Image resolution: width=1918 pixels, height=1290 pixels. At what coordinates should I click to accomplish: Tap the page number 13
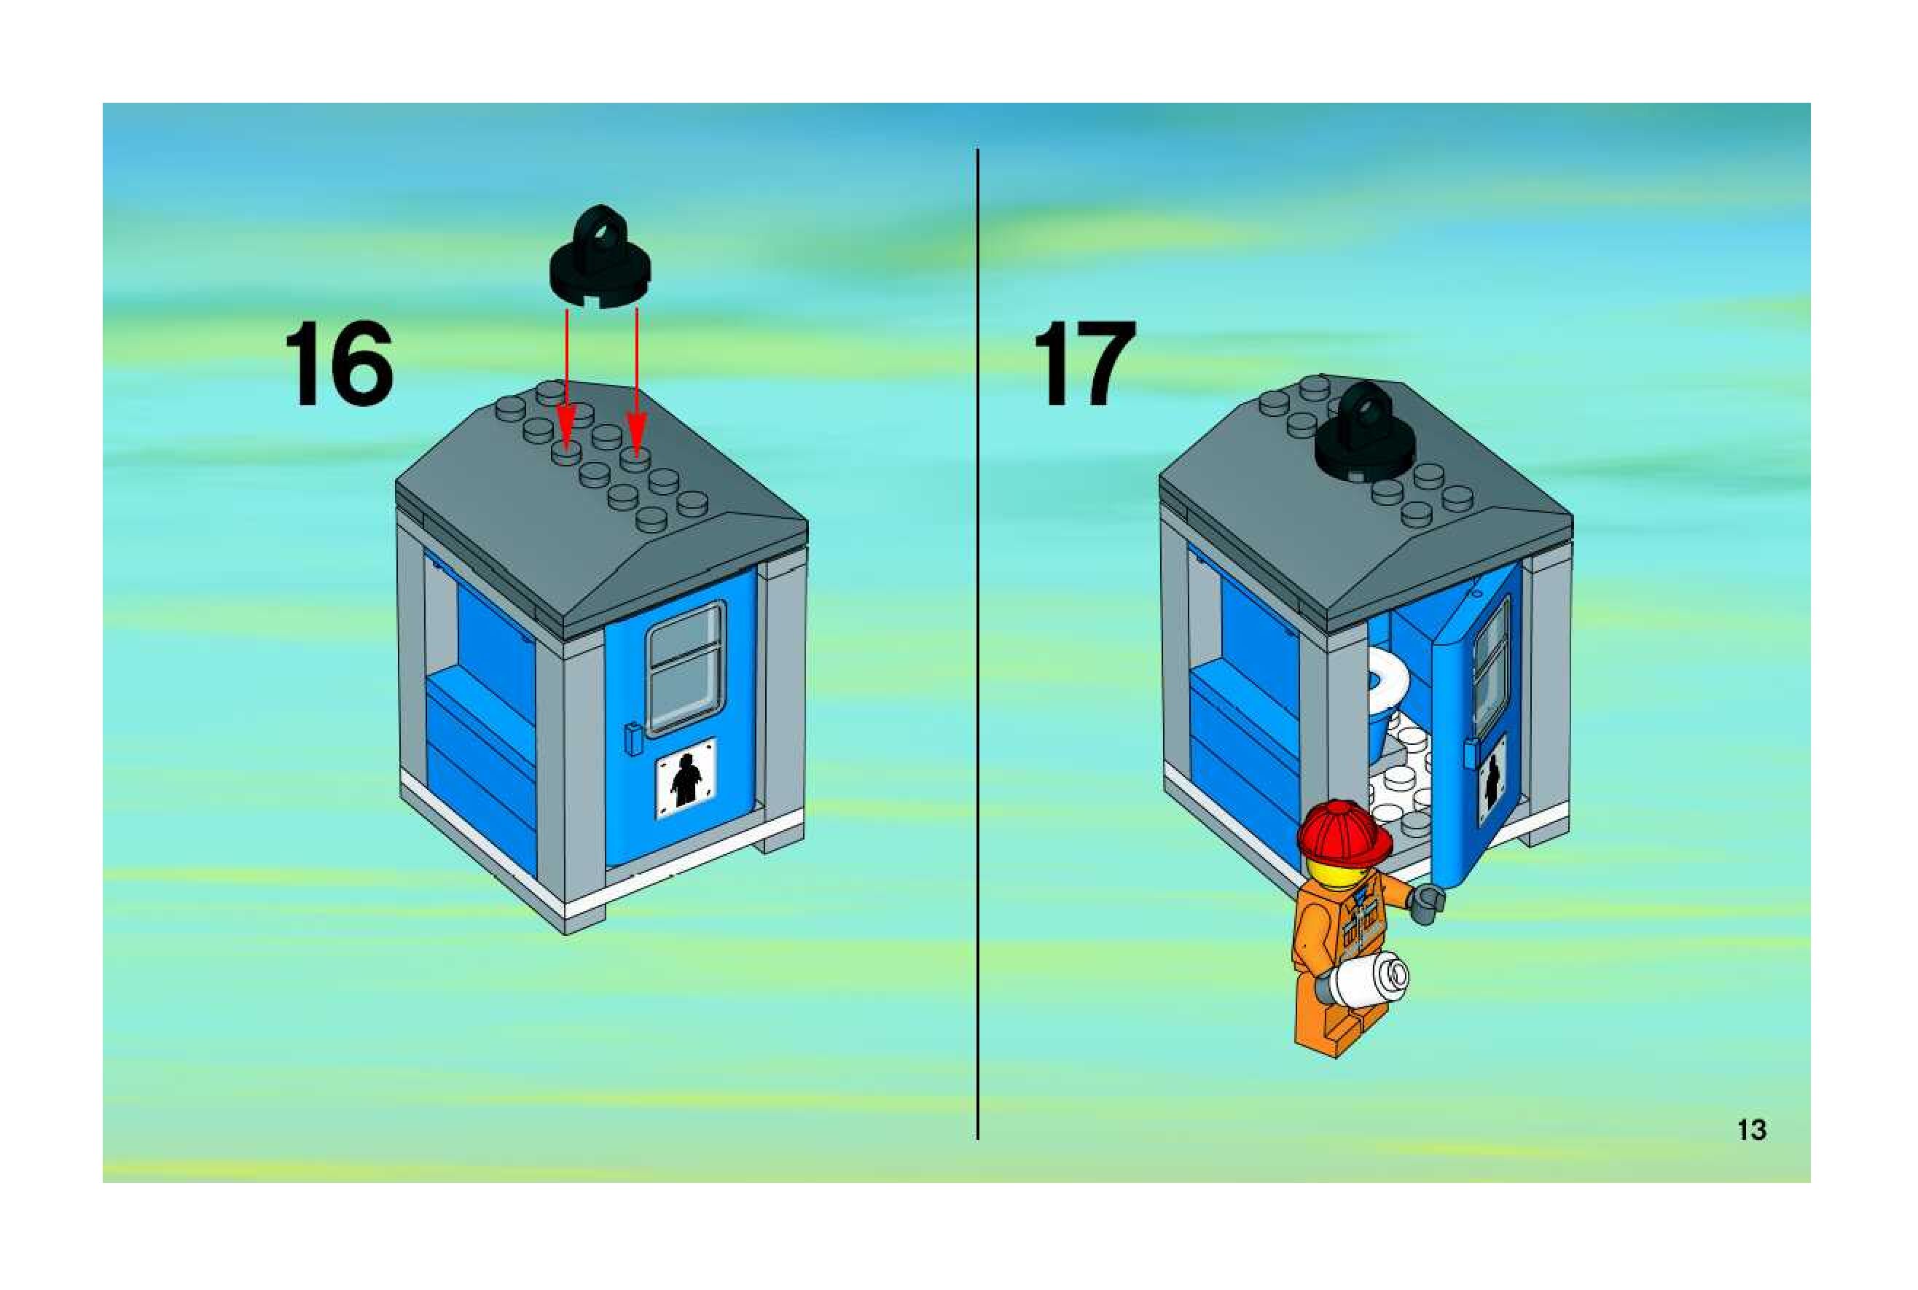(x=1751, y=1130)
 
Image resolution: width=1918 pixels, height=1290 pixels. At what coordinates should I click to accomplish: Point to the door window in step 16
(x=685, y=668)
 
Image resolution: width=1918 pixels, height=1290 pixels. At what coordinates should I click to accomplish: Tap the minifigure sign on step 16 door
(x=685, y=778)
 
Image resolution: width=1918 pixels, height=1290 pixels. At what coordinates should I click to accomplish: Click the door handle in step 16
(x=632, y=738)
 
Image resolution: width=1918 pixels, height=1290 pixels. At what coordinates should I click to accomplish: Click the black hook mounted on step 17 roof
(x=1364, y=436)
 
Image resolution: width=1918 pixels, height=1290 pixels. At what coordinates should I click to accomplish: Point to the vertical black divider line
(x=978, y=641)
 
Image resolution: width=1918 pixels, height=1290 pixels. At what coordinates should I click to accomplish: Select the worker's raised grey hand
(x=1428, y=903)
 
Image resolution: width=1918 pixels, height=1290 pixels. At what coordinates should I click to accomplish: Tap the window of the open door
(x=1490, y=666)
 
